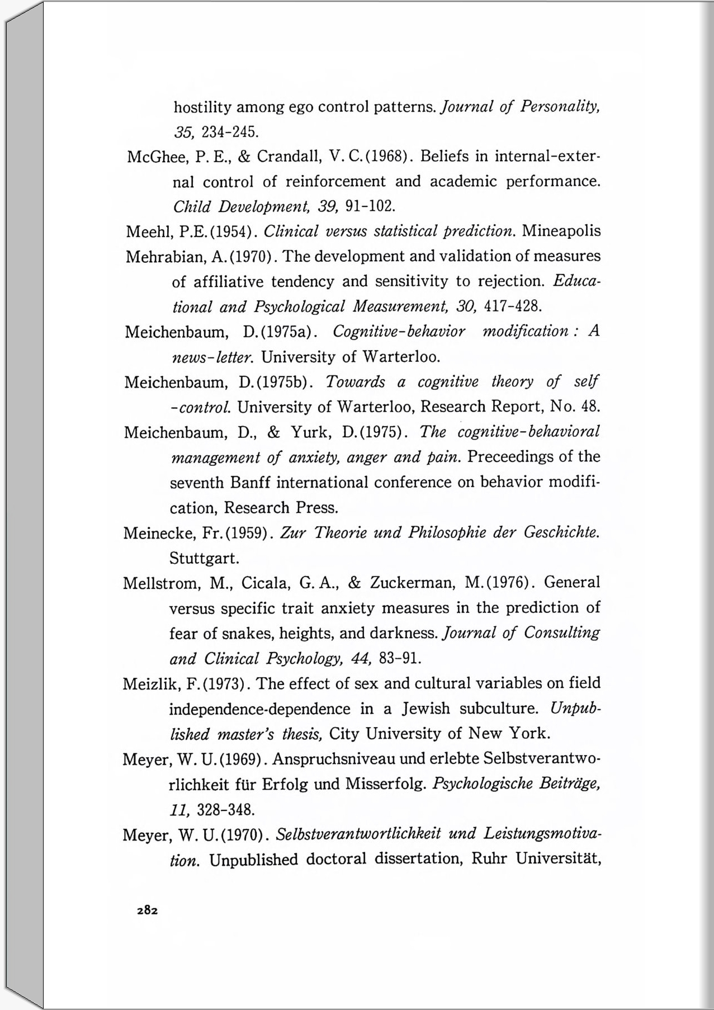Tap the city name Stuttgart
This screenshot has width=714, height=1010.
click(204, 558)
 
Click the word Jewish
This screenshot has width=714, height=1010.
click(425, 709)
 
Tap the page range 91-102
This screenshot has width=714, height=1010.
click(371, 206)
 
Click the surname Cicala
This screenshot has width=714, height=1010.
click(264, 583)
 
